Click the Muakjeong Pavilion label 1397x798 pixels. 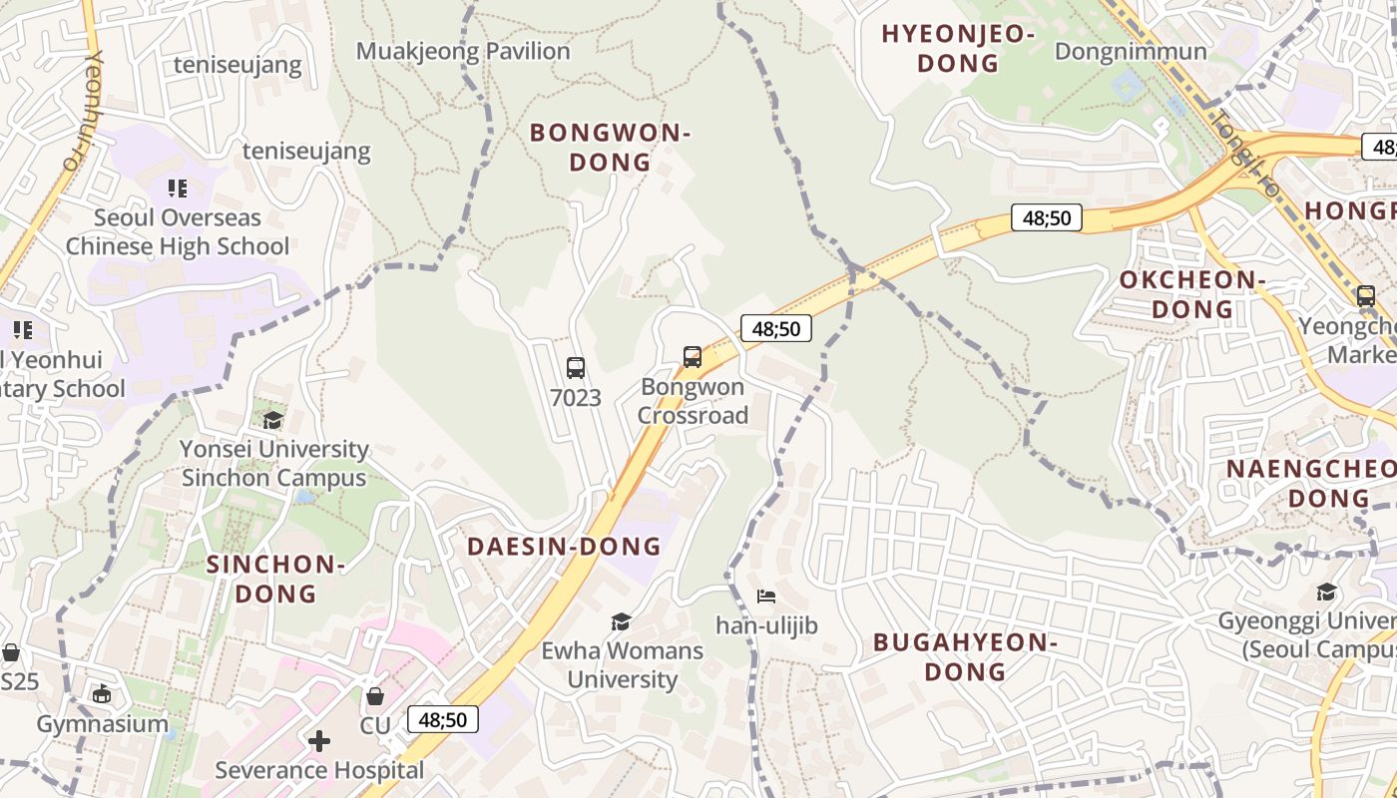(463, 51)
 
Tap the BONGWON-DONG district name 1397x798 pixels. (610, 147)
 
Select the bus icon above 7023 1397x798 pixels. (576, 367)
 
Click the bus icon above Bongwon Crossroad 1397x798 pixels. (693, 356)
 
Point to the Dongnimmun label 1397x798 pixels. (1131, 51)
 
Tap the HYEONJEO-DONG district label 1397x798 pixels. (957, 49)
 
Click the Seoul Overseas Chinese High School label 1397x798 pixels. (178, 231)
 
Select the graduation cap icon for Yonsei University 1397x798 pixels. (273, 420)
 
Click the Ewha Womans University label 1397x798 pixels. (623, 665)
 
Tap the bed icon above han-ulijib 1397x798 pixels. (766, 597)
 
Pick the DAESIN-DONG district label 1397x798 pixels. (564, 546)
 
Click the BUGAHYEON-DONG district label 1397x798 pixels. (965, 656)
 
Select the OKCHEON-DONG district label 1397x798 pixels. (1191, 294)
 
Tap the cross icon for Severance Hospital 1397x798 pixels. (319, 740)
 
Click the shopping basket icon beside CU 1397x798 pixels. (375, 696)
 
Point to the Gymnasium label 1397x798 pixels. (103, 724)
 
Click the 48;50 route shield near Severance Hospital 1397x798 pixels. (443, 719)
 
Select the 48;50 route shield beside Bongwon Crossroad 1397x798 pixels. (775, 328)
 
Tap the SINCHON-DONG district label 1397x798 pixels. (275, 579)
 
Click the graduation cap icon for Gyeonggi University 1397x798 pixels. (1326, 593)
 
